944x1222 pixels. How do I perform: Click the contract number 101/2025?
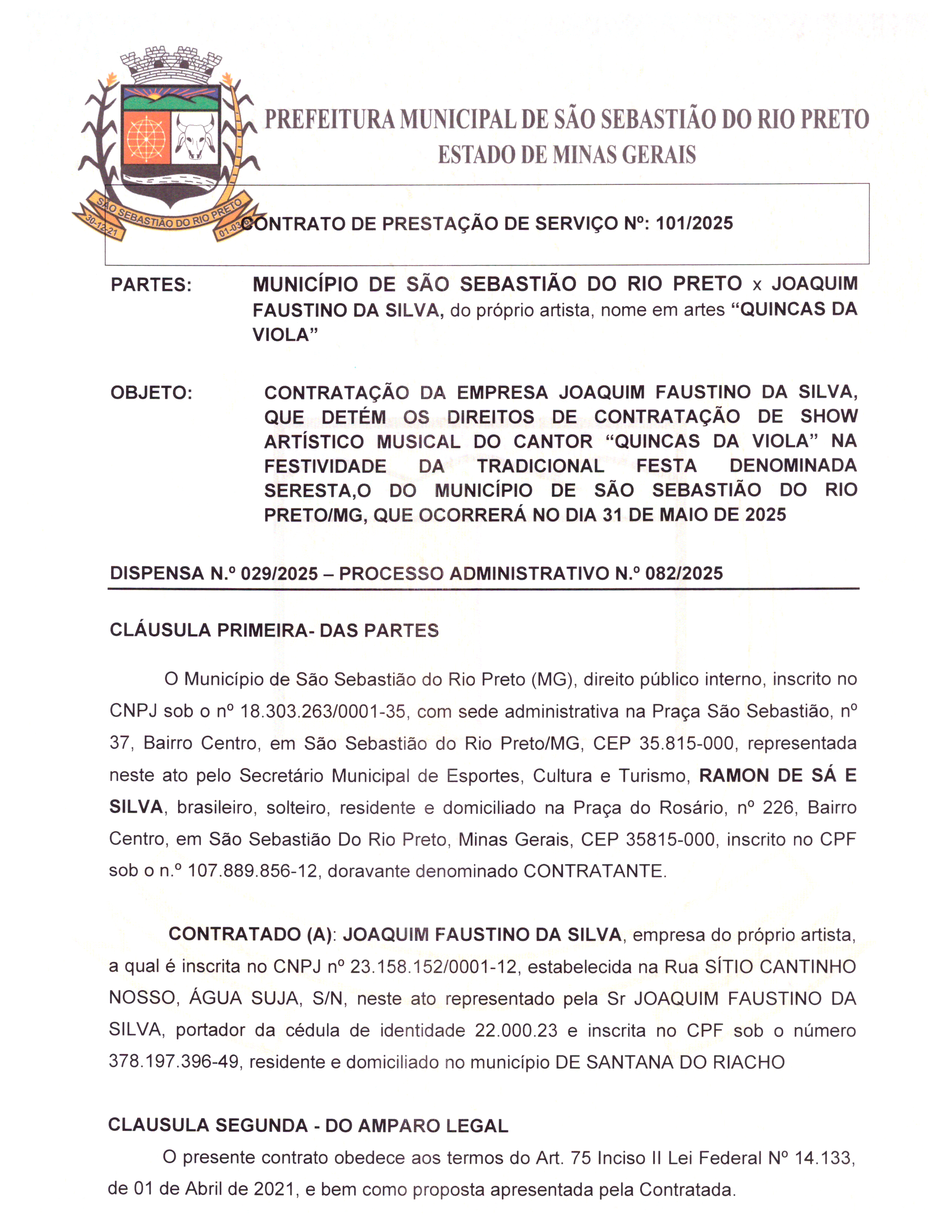pos(694,223)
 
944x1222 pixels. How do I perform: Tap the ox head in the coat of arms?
pos(194,137)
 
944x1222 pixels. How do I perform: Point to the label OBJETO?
pos(151,393)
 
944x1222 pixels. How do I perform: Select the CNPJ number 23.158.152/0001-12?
pos(433,967)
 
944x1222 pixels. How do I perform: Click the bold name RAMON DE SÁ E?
pos(778,775)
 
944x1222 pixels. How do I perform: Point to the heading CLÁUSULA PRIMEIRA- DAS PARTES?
pos(274,631)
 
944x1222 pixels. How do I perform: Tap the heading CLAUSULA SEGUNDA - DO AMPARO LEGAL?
pos(308,1126)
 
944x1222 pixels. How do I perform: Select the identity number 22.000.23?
pos(516,1031)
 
